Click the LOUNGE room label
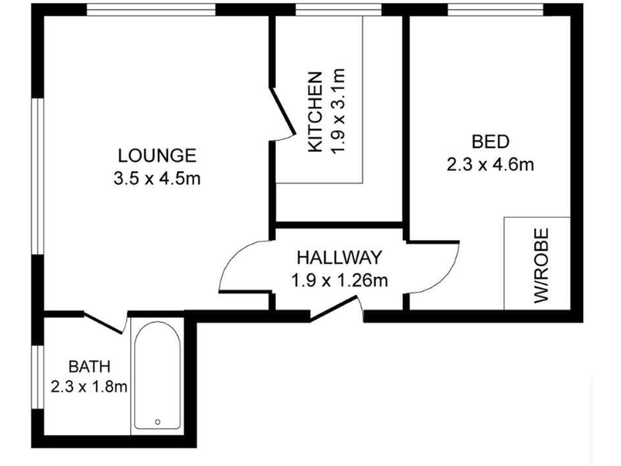(x=157, y=155)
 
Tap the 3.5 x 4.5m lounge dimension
(x=157, y=178)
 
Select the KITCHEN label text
(x=315, y=111)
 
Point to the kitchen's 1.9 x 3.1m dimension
(x=339, y=111)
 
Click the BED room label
(x=490, y=142)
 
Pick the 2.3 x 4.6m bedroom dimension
(x=490, y=165)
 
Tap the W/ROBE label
(x=541, y=265)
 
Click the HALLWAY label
(x=338, y=258)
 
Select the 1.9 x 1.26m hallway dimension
(x=340, y=281)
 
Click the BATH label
(x=88, y=365)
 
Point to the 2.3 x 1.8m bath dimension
(x=89, y=387)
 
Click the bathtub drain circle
(x=157, y=422)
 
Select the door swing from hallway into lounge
(x=241, y=267)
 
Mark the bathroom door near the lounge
(x=104, y=322)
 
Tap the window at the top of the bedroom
(x=496, y=10)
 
